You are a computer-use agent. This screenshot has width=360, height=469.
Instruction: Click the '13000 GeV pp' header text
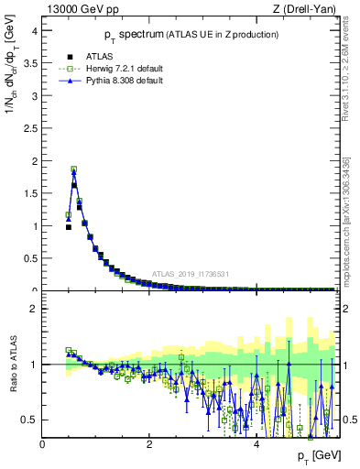coord(78,9)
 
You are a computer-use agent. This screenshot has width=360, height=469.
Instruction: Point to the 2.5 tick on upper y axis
coord(31,128)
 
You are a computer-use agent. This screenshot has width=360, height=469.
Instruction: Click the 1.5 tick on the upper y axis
coord(31,193)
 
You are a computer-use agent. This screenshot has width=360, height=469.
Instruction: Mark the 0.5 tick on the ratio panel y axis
coord(31,420)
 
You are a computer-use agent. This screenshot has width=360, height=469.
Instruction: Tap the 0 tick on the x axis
coord(42,444)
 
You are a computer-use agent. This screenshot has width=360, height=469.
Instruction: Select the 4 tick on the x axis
coord(256,444)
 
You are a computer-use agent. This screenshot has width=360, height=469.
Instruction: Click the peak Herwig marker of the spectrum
coord(73,169)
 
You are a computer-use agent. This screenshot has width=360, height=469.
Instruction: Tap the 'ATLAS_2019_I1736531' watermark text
coord(190,273)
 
